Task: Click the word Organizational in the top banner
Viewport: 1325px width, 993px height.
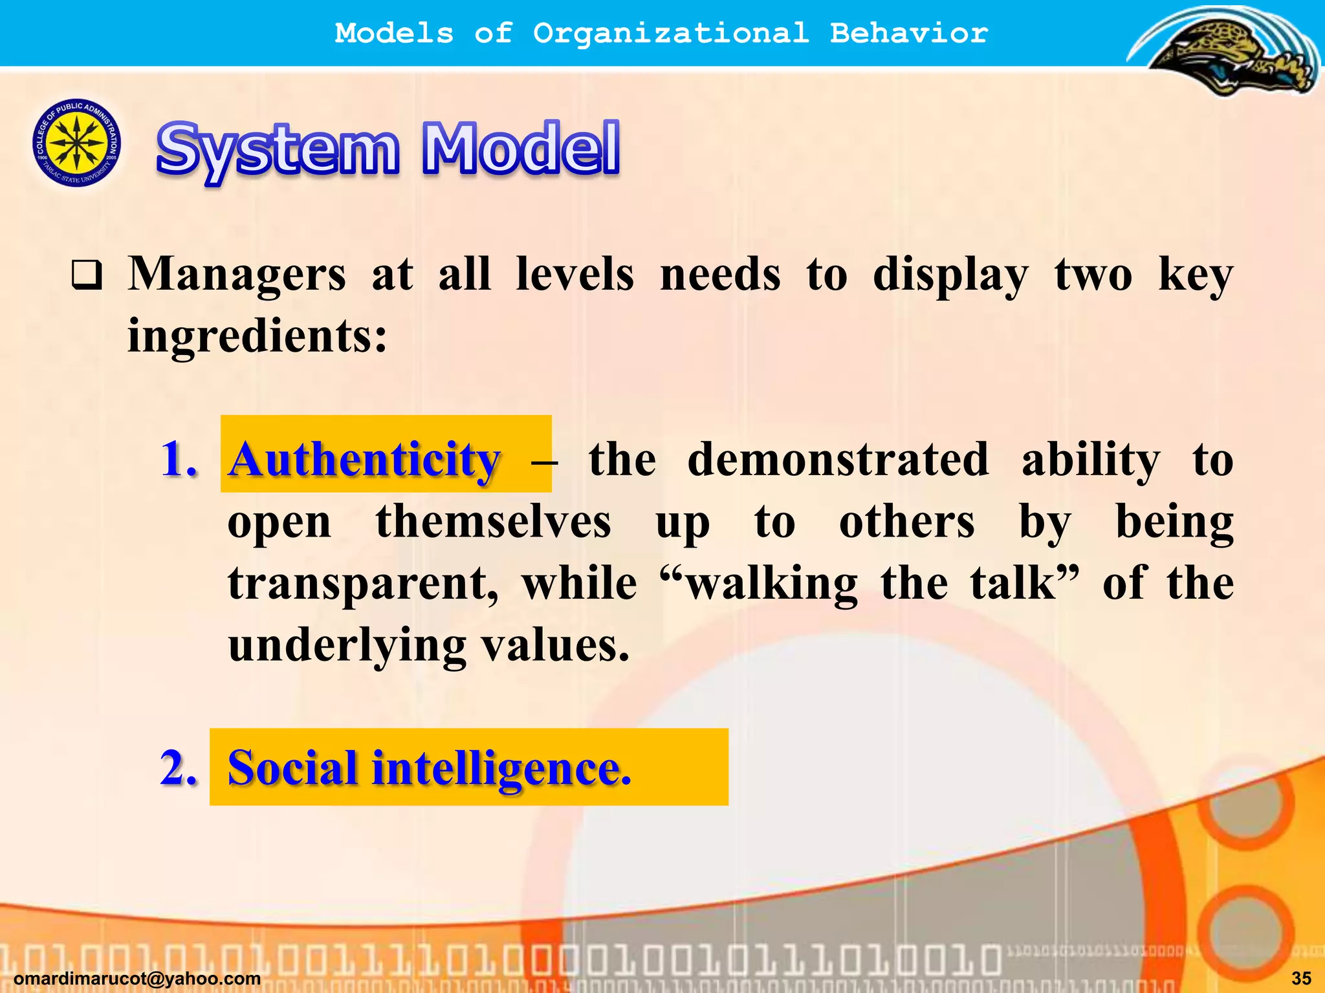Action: [671, 33]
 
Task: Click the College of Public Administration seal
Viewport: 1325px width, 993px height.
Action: [76, 143]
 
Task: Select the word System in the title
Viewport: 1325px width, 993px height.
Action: [278, 150]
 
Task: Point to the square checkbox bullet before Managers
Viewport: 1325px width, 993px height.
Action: [87, 275]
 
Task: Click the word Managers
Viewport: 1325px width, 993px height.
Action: [237, 274]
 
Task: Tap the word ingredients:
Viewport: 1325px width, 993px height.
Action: [257, 336]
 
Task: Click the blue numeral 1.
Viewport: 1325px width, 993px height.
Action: [178, 459]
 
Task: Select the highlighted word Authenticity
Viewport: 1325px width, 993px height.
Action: [364, 459]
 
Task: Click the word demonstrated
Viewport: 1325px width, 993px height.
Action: [838, 459]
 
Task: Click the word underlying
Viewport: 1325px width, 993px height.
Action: [347, 645]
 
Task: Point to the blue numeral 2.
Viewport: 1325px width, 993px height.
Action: [178, 767]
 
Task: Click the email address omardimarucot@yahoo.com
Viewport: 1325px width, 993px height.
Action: [137, 979]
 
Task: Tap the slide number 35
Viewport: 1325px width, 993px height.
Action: [1301, 979]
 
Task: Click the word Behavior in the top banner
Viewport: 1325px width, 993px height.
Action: [909, 33]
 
